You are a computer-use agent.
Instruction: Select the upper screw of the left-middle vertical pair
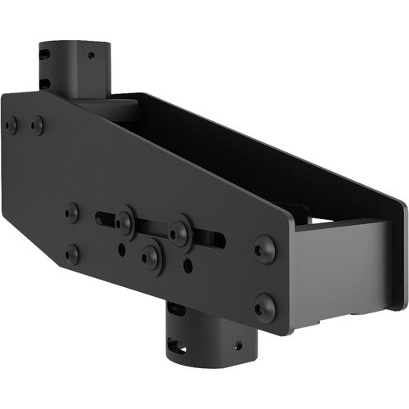click(x=72, y=211)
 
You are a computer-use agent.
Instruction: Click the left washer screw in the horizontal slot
click(x=124, y=220)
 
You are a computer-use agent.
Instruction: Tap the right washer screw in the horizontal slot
click(x=180, y=230)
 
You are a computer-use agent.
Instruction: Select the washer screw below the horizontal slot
click(x=151, y=258)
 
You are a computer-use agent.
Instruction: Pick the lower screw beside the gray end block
click(x=264, y=308)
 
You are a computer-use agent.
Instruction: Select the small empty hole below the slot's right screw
click(x=188, y=265)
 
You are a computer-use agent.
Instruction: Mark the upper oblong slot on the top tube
click(x=46, y=56)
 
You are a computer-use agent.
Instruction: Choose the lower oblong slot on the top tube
click(x=46, y=82)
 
